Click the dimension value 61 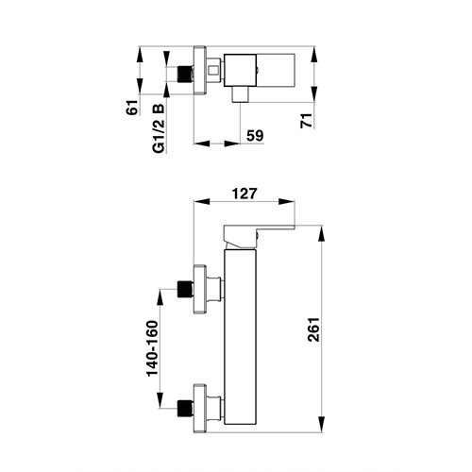[x=132, y=108]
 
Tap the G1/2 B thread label [x=159, y=128]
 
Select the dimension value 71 [x=307, y=120]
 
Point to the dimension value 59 [x=255, y=136]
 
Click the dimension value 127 [x=244, y=194]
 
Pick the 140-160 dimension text [x=152, y=348]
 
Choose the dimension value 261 [x=313, y=329]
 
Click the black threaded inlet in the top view [x=185, y=74]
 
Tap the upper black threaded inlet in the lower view [x=185, y=289]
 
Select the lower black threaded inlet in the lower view [x=185, y=409]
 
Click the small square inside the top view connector [x=213, y=70]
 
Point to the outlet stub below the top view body [x=240, y=94]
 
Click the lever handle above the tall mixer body [x=252, y=237]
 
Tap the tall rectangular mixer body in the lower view [x=240, y=338]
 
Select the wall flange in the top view [x=200, y=71]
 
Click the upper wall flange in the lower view [x=200, y=289]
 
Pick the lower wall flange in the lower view [x=200, y=409]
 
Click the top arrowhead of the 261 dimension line [x=322, y=234]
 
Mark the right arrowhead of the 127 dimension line [x=287, y=202]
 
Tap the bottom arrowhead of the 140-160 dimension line [x=160, y=400]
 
